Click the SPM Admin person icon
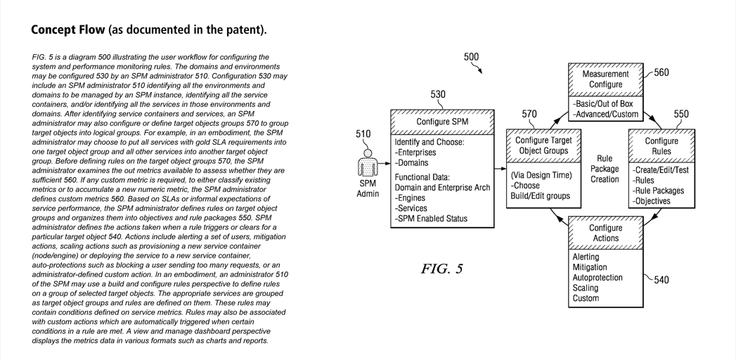click(367, 163)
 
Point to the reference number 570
click(529, 115)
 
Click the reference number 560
click(661, 73)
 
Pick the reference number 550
click(681, 115)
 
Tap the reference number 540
click(661, 280)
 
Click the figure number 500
click(471, 58)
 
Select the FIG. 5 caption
click(441, 269)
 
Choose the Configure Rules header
click(661, 146)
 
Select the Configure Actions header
click(605, 233)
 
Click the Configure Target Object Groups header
click(543, 146)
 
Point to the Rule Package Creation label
click(605, 169)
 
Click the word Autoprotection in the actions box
click(598, 278)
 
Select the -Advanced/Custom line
click(606, 114)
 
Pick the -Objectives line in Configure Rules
click(652, 201)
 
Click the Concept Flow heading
click(148, 30)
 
